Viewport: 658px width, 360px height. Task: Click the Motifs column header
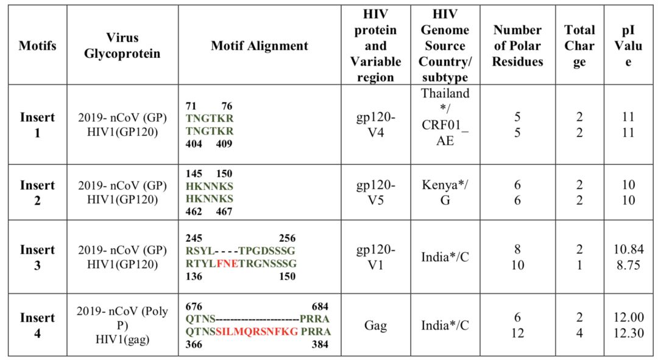pyautogui.click(x=37, y=46)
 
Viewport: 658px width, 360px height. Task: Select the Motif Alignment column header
pyautogui.click(x=260, y=46)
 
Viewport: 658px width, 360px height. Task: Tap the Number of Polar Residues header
pyautogui.click(x=517, y=46)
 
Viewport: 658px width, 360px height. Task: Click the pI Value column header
pyautogui.click(x=628, y=46)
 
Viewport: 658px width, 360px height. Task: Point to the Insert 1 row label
pyautogui.click(x=37, y=124)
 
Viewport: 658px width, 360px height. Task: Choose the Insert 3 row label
pyautogui.click(x=37, y=257)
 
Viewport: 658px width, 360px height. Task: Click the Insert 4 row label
pyautogui.click(x=37, y=325)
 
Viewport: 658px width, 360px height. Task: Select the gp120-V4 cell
pyautogui.click(x=375, y=124)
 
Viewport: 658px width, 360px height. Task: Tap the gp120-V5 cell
pyautogui.click(x=375, y=192)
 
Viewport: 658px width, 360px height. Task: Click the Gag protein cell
pyautogui.click(x=375, y=326)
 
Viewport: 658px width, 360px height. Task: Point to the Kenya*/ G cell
pyautogui.click(x=445, y=192)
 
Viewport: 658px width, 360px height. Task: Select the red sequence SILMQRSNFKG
pyautogui.click(x=256, y=331)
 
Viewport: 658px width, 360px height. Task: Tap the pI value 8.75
pyautogui.click(x=628, y=265)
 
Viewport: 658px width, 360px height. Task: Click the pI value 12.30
pyautogui.click(x=628, y=333)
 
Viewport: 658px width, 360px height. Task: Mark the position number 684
pyautogui.click(x=320, y=306)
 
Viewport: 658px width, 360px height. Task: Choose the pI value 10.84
pyautogui.click(x=628, y=250)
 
